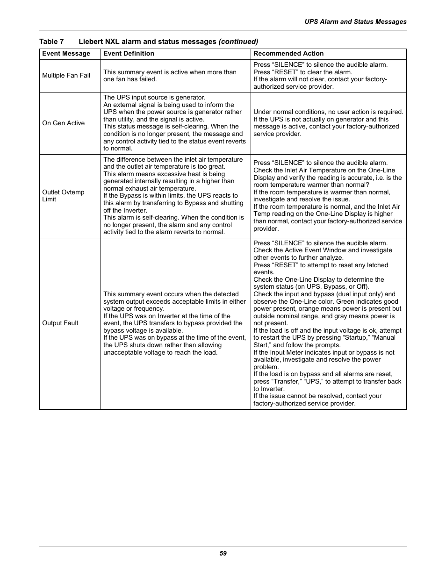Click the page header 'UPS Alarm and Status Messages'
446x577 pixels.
[355, 21]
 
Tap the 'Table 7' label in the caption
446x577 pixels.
[51, 42]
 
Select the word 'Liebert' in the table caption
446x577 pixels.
[91, 42]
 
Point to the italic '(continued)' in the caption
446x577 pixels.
[238, 42]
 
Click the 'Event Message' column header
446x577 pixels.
[66, 54]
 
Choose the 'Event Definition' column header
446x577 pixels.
[129, 54]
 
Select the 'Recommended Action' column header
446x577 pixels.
[288, 54]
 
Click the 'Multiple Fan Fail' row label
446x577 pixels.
[66, 76]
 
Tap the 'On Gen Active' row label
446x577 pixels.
[63, 123]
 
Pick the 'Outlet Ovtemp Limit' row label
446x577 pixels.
[63, 196]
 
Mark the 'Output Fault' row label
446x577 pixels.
[60, 323]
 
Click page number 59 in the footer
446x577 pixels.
[223, 553]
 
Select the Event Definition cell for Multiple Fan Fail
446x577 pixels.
[170, 76]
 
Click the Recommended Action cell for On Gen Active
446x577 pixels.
[328, 123]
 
